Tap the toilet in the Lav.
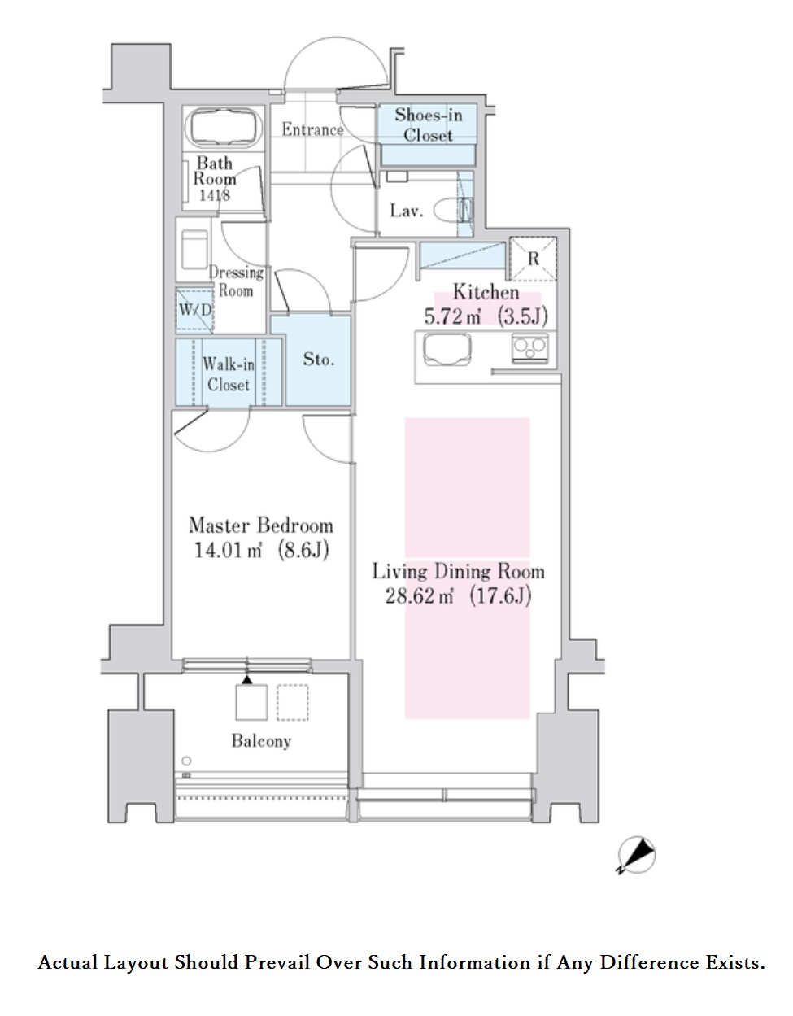coord(453,211)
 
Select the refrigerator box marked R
coord(533,259)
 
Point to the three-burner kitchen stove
coord(530,348)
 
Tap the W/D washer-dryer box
coord(194,310)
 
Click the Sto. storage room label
coord(318,359)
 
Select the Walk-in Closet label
coord(229,374)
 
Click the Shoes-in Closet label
coord(428,124)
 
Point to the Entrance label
coord(312,129)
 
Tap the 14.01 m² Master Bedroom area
coord(261,550)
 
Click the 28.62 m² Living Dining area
coord(458,595)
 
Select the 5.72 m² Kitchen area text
coord(486,316)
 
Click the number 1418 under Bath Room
coord(215,195)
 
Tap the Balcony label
coord(261,740)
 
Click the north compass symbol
coord(637,855)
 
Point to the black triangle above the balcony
coord(246,679)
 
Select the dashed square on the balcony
coord(293,702)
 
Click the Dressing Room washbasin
coord(194,249)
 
